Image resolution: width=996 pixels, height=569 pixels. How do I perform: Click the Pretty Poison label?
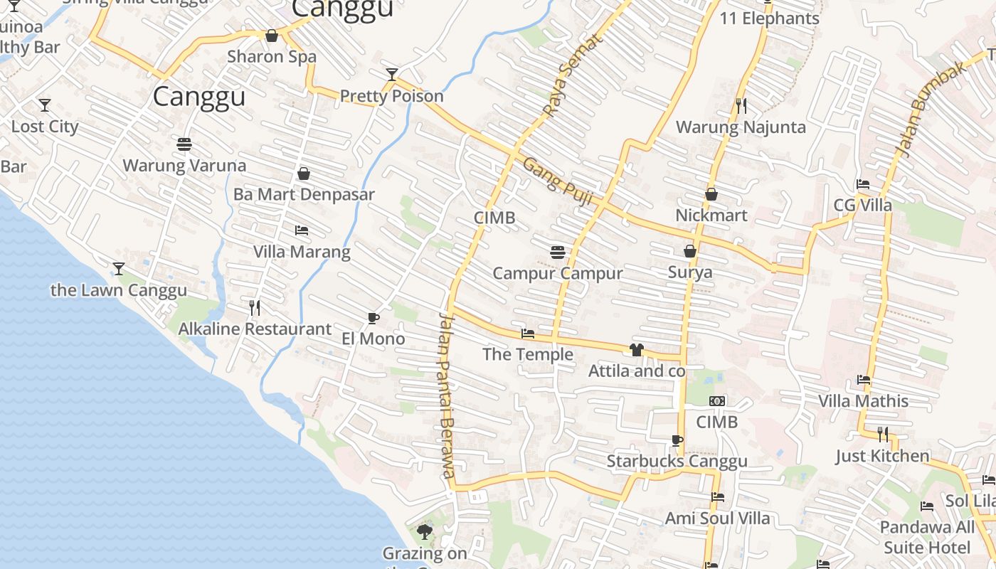[391, 96]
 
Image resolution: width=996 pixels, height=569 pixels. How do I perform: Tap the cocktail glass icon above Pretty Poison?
[391, 74]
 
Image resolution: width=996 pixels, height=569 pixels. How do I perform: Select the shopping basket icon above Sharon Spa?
[272, 36]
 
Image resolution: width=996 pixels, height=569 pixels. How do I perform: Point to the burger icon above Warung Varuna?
[184, 144]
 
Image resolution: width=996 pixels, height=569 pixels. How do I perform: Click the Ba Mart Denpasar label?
[304, 194]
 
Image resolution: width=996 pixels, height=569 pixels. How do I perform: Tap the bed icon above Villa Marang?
[302, 230]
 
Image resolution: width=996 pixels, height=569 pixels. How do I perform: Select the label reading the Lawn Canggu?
[119, 290]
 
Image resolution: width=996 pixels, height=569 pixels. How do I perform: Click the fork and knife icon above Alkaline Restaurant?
[255, 307]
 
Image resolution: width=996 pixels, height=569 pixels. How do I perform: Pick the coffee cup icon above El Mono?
[373, 318]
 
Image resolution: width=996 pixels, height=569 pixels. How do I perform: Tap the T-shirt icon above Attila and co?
[636, 349]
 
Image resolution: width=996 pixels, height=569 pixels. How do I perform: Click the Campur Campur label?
[558, 273]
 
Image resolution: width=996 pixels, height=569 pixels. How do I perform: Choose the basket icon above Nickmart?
[711, 193]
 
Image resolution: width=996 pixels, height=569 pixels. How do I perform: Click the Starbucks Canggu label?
[677, 462]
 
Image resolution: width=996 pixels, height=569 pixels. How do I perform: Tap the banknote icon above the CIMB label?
[717, 401]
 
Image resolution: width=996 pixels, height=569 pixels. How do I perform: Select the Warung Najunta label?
[741, 127]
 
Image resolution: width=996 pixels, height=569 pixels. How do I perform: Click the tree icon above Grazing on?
[425, 531]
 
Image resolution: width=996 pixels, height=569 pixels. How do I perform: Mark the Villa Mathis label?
[863, 401]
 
